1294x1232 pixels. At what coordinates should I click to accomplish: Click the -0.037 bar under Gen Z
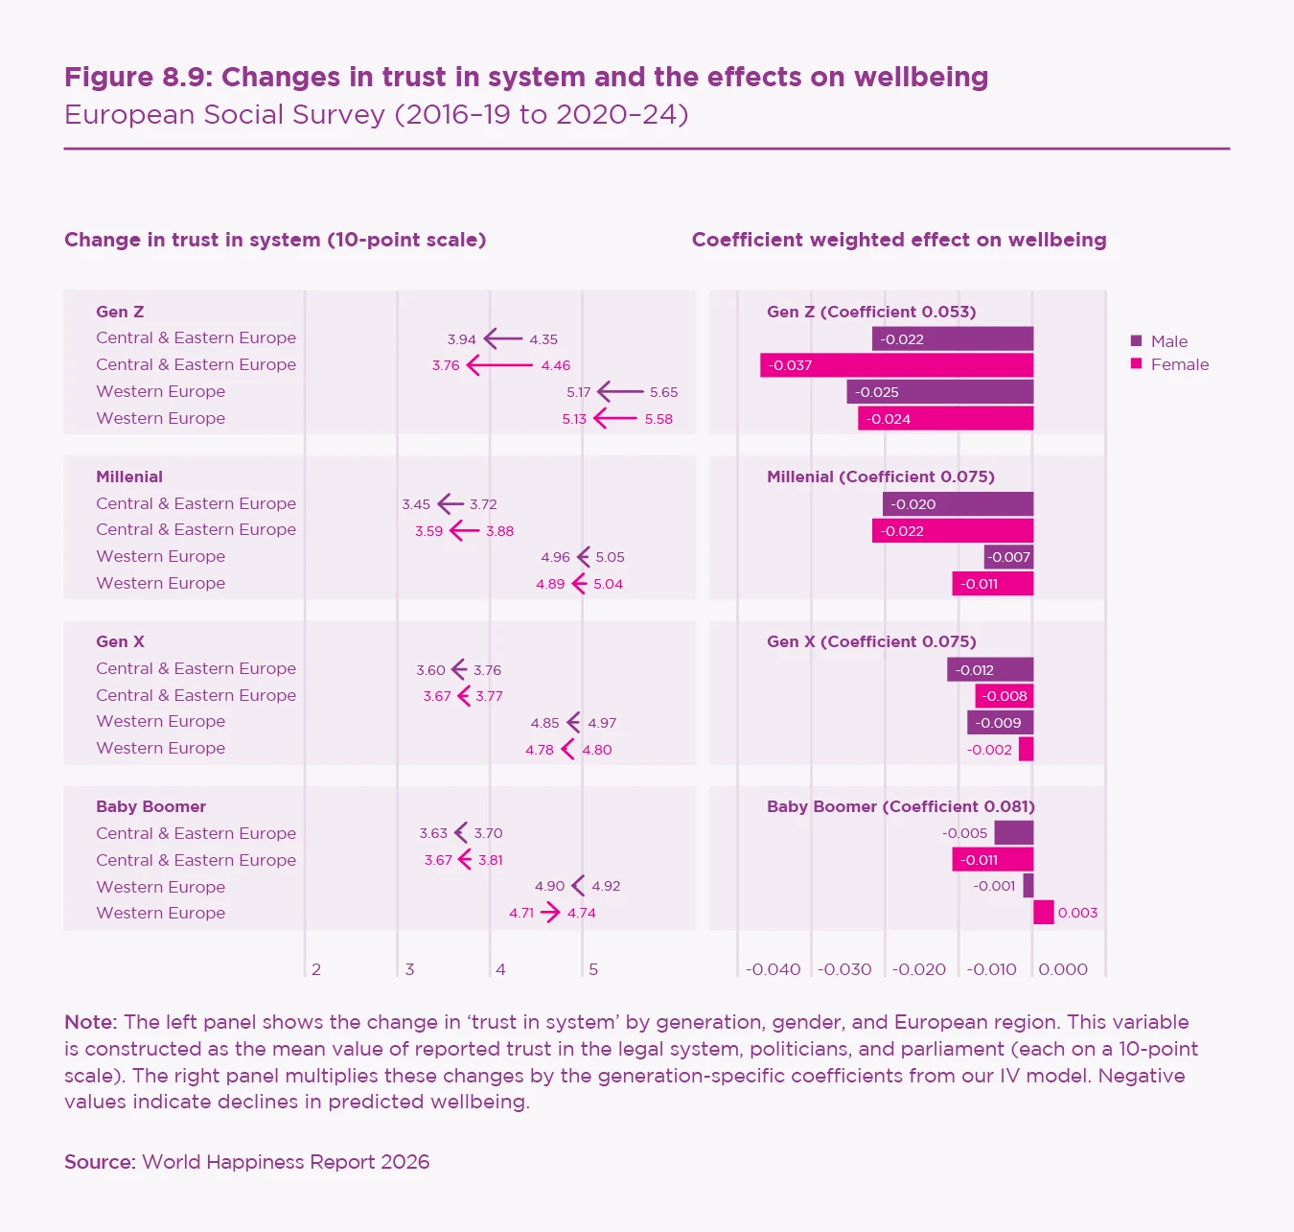click(x=896, y=365)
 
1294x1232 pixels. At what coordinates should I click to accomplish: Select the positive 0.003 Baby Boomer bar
click(x=1043, y=913)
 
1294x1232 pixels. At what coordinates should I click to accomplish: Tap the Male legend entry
click(x=1168, y=341)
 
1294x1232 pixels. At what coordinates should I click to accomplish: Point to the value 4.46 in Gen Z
click(x=555, y=365)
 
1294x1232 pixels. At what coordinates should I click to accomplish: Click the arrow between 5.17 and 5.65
click(x=620, y=391)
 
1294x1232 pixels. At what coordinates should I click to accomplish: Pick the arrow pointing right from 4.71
click(x=550, y=913)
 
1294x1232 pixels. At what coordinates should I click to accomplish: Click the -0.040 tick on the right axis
click(x=773, y=969)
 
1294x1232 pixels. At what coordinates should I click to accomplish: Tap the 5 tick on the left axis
click(x=593, y=969)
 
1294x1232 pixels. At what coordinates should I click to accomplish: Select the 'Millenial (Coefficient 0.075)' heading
click(x=880, y=477)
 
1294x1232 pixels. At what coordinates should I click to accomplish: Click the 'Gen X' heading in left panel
click(x=120, y=641)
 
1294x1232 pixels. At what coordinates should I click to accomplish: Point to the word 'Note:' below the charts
click(x=90, y=1022)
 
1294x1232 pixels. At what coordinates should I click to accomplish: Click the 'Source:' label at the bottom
click(x=100, y=1162)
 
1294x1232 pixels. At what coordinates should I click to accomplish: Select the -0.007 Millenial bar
click(x=1008, y=557)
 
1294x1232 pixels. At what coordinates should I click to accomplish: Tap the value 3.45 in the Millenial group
click(x=416, y=504)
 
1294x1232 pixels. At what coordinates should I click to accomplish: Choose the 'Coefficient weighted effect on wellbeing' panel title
click(x=898, y=240)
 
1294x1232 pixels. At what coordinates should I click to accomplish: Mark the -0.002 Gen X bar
click(x=1026, y=749)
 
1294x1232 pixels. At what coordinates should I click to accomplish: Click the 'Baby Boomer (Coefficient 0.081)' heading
click(x=900, y=806)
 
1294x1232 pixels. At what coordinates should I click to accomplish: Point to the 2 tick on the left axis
click(x=316, y=969)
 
